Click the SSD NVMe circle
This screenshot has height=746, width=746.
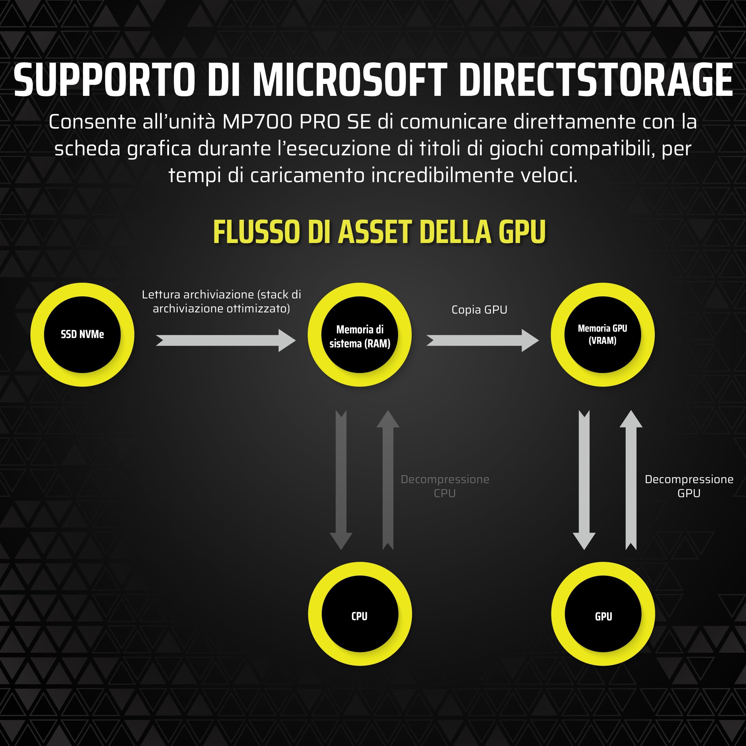(82, 334)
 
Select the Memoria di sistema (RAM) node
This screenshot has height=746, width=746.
(360, 334)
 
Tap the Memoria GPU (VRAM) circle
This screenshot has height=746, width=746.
(602, 334)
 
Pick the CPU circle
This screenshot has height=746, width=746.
(360, 614)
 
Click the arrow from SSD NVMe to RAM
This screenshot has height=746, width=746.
(226, 340)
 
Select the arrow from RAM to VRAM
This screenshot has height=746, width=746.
(483, 340)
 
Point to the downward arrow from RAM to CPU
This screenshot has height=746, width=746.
(341, 480)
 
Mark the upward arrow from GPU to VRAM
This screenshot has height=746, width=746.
(631, 480)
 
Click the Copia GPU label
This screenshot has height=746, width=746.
(479, 310)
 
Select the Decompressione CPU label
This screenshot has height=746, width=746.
(445, 486)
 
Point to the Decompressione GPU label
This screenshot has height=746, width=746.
(689, 486)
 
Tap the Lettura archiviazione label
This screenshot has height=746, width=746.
(221, 302)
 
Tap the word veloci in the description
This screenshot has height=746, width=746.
(549, 175)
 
